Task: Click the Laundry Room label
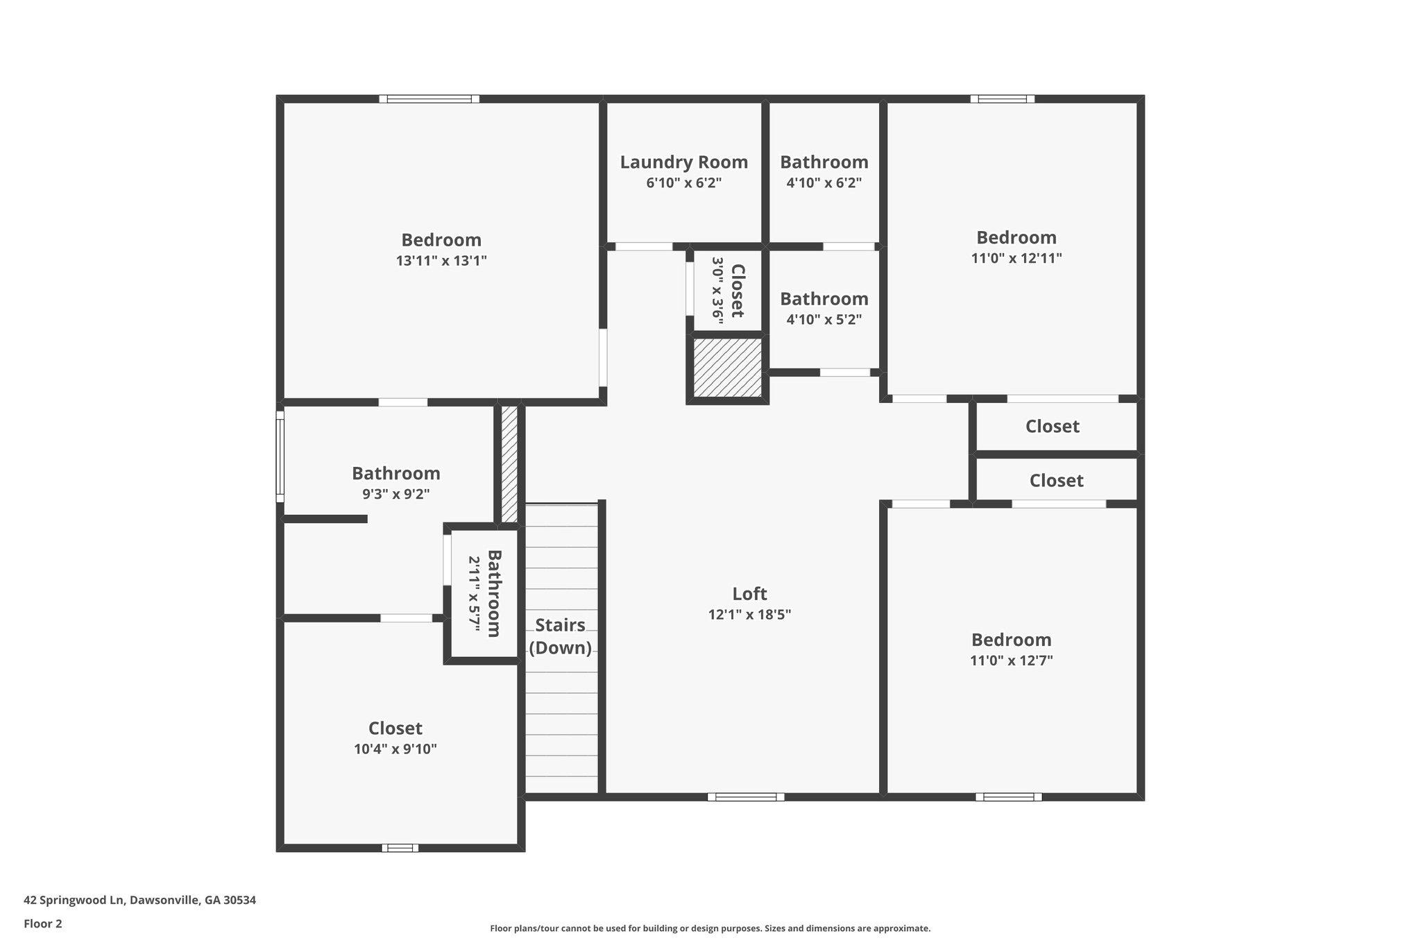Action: point(683,162)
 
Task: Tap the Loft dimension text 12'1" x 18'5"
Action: point(749,615)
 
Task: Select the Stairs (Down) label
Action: point(560,636)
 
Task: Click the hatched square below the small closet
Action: point(727,368)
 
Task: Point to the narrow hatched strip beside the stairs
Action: point(509,463)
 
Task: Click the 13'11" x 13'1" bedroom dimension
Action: point(441,261)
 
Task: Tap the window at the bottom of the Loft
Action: point(746,797)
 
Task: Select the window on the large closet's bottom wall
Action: point(400,848)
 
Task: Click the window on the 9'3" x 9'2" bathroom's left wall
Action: point(280,457)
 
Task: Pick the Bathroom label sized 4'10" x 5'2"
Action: point(824,299)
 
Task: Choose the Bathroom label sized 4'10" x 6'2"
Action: point(824,162)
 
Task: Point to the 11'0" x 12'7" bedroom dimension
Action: point(1011,660)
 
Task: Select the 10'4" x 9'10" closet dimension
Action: point(395,749)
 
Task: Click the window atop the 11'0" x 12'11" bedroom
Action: point(1002,99)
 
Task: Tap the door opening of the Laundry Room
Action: point(644,246)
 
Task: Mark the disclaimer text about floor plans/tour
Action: point(710,928)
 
